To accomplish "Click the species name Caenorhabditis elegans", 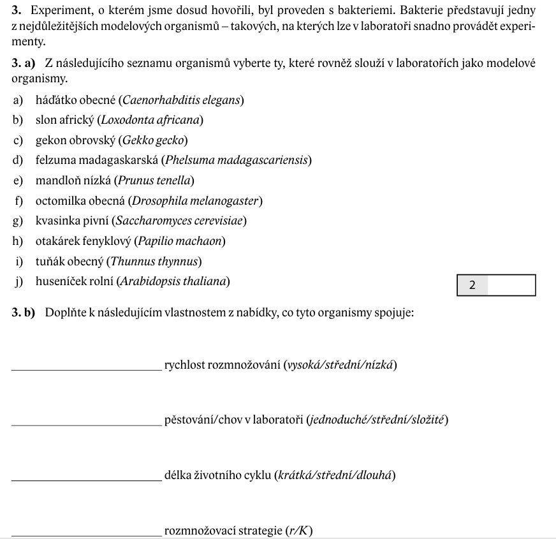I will click(x=182, y=100).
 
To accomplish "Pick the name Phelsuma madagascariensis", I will click(x=237, y=160).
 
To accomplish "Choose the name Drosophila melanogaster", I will click(x=195, y=201).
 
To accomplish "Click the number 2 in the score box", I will click(x=472, y=286).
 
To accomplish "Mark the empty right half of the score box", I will click(x=511, y=286).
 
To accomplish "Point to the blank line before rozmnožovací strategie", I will click(x=87, y=533).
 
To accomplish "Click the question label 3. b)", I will click(x=24, y=313).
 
